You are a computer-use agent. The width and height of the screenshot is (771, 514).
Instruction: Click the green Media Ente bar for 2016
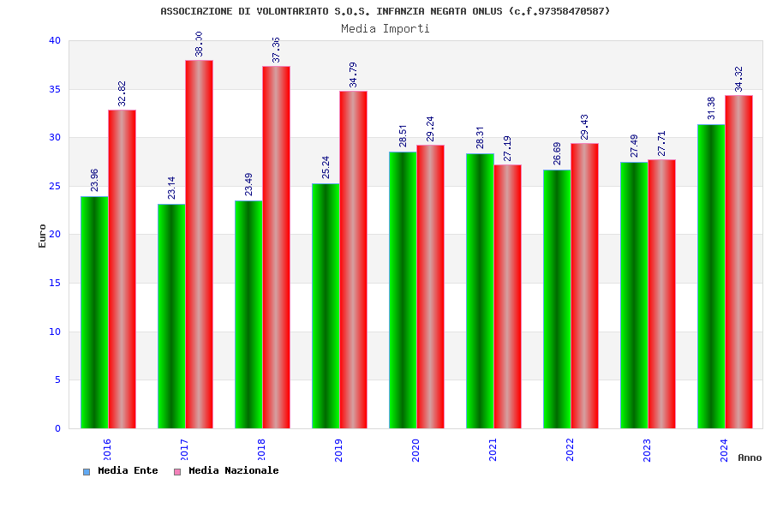click(x=94, y=312)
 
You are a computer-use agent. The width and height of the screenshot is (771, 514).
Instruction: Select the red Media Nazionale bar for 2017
click(x=199, y=244)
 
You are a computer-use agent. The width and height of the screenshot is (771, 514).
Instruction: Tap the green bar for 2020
click(x=403, y=290)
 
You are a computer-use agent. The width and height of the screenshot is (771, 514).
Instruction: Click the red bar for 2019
click(x=353, y=260)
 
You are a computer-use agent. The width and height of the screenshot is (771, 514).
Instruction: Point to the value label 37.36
click(x=276, y=50)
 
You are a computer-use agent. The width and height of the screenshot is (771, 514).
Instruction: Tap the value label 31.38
click(x=711, y=108)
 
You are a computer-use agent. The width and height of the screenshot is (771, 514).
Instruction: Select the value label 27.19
click(x=507, y=148)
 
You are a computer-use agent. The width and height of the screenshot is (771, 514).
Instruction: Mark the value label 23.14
click(x=171, y=188)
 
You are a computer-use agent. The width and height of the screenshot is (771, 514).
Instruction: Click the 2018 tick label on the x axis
click(x=261, y=450)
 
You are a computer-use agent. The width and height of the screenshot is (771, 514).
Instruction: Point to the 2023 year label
click(x=647, y=450)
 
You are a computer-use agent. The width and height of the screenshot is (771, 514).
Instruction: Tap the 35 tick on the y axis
click(x=55, y=89)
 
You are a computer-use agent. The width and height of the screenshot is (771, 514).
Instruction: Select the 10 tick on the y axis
click(x=55, y=332)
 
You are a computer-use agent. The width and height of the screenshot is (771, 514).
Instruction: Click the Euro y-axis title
click(x=43, y=236)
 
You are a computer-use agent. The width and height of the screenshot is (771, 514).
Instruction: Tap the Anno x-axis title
click(x=750, y=457)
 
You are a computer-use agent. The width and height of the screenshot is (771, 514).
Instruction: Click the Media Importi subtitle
click(x=385, y=28)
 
